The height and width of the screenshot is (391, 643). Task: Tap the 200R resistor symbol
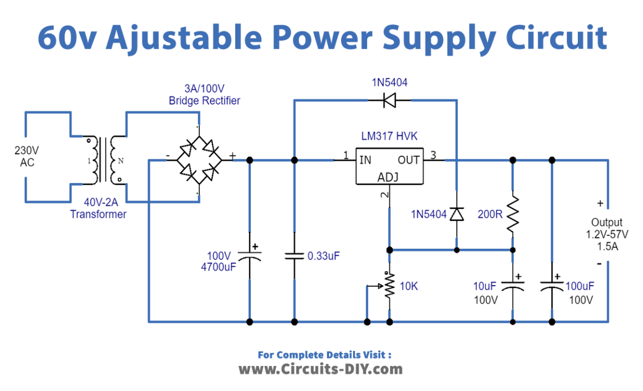click(512, 214)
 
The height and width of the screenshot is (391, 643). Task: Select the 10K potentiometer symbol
click(389, 286)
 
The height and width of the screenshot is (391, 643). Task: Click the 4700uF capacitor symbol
click(249, 255)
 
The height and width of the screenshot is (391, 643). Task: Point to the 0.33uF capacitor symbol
click(294, 256)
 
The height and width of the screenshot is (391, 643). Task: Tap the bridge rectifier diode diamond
click(198, 160)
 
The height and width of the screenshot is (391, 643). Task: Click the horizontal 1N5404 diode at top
click(389, 100)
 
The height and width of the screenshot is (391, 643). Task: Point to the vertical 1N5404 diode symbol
click(457, 215)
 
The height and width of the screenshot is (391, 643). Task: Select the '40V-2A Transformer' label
click(98, 209)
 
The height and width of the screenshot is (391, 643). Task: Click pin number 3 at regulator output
click(433, 155)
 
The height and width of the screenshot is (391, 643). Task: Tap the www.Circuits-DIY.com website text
click(321, 369)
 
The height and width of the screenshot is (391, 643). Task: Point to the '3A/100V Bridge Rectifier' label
click(204, 95)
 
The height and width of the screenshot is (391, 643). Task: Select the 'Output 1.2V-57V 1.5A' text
click(607, 235)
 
